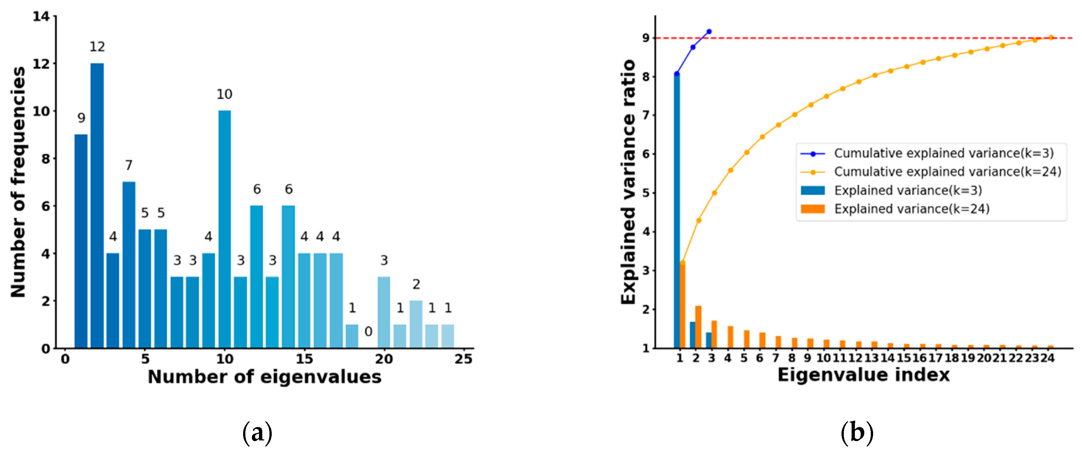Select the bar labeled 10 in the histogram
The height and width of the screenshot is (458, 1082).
pyautogui.click(x=224, y=229)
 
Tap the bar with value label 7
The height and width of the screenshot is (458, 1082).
pyautogui.click(x=129, y=265)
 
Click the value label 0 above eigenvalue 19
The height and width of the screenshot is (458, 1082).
pyautogui.click(x=368, y=332)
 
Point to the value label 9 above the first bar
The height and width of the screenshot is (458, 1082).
pyautogui.click(x=81, y=118)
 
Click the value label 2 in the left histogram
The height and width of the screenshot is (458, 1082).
pyautogui.click(x=416, y=285)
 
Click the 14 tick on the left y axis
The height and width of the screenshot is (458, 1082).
pyautogui.click(x=41, y=16)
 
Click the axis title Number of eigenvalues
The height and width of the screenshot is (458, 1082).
pyautogui.click(x=265, y=377)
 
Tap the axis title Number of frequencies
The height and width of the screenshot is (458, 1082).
pyautogui.click(x=19, y=182)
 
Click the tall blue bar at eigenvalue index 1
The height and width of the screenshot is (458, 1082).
pyautogui.click(x=677, y=210)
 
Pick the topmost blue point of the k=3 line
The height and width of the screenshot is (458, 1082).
pyautogui.click(x=709, y=32)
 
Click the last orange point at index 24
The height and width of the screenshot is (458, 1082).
pyautogui.click(x=1051, y=37)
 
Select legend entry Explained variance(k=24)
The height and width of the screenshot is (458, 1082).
pyautogui.click(x=911, y=209)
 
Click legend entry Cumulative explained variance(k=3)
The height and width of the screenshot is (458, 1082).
pyautogui.click(x=943, y=153)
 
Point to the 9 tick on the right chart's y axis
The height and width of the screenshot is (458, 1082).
pyautogui.click(x=646, y=38)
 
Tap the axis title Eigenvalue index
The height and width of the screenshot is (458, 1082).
pyautogui.click(x=863, y=375)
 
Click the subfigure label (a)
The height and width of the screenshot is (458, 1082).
pyautogui.click(x=257, y=433)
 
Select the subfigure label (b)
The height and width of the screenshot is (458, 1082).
pyautogui.click(x=857, y=433)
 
